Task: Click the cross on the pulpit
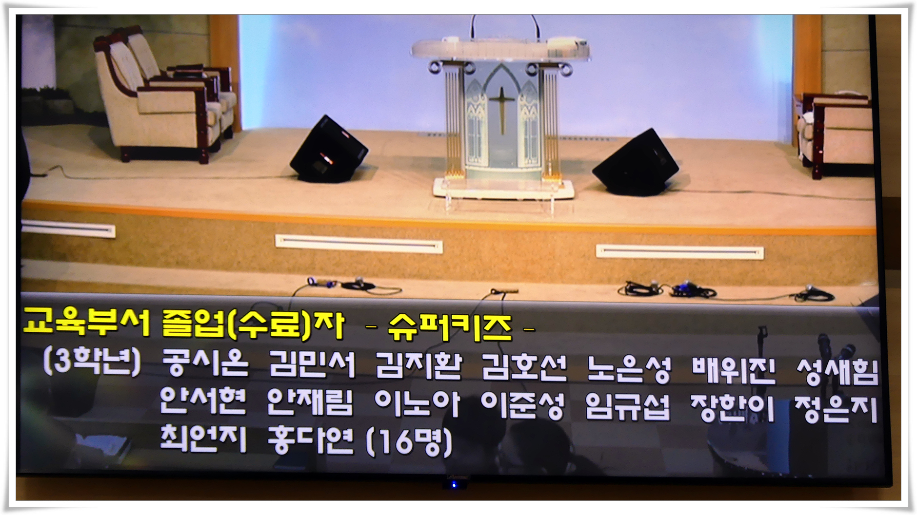coord(502,110)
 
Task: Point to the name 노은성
coord(629,368)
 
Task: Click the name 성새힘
coord(837,371)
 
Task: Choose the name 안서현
coord(203,401)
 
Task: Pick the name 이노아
coord(417,403)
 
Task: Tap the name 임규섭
coord(628,406)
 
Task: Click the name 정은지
coord(836,409)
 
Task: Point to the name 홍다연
coord(310,440)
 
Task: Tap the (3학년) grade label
coord(92,362)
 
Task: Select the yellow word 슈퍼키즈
coord(450,327)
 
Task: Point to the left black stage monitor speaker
coord(328,150)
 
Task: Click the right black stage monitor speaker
coord(635,162)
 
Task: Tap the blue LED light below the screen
coord(454,485)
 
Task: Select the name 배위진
coord(734,370)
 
